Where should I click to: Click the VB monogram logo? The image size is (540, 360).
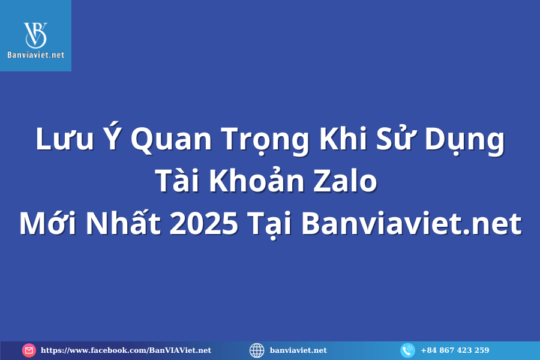(x=35, y=35)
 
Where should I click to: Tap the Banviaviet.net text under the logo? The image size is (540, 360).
(x=36, y=55)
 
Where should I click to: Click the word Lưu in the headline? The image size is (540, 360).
(x=65, y=139)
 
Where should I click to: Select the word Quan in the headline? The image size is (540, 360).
(x=171, y=140)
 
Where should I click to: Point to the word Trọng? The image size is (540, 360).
(x=265, y=141)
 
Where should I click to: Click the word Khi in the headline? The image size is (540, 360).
(x=343, y=138)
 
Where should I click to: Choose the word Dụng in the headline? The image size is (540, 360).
(x=464, y=141)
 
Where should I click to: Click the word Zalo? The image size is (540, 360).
(x=346, y=180)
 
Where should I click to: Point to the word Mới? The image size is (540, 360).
(x=47, y=223)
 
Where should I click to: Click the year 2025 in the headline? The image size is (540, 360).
(x=204, y=223)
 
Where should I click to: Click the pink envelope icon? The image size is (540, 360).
(x=29, y=350)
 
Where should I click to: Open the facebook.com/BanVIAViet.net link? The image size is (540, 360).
(x=126, y=350)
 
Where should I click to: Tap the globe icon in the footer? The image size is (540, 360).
(x=257, y=350)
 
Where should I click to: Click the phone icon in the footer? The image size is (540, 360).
(x=408, y=350)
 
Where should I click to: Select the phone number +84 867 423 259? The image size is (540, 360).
(x=455, y=350)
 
